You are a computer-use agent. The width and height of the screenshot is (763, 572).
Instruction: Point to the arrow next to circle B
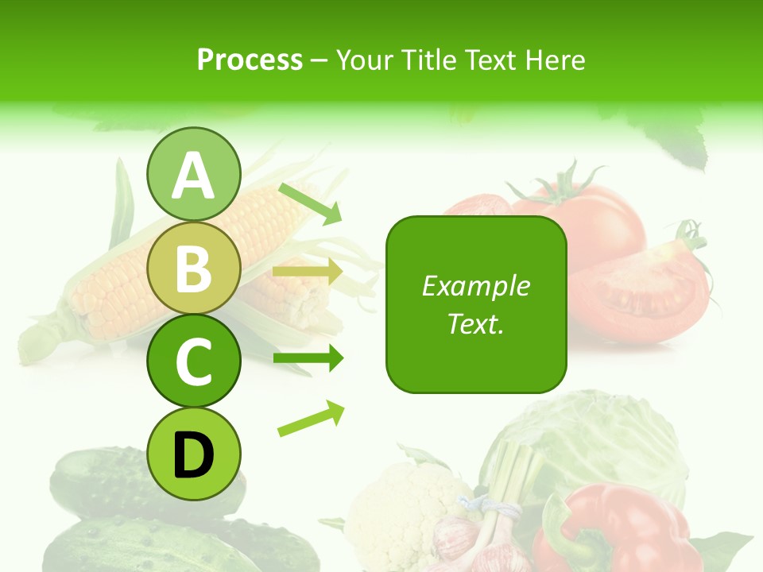click(x=308, y=272)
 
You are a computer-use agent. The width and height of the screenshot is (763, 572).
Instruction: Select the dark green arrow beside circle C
click(x=308, y=358)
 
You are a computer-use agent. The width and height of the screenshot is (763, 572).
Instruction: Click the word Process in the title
click(x=250, y=60)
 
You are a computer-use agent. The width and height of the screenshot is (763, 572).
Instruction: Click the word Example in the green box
click(x=475, y=286)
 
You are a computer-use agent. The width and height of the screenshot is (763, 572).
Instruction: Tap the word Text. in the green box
click(x=475, y=323)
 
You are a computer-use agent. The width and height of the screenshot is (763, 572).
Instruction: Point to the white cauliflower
click(x=405, y=508)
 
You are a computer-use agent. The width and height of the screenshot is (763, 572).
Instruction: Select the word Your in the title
click(x=363, y=60)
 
